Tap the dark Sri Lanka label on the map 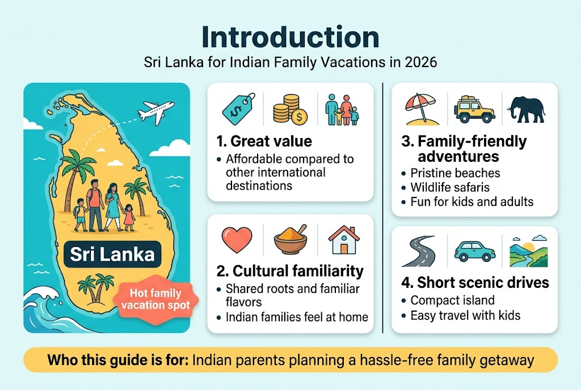(x=112, y=253)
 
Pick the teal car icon (x=474, y=250)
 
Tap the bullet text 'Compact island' (x=452, y=300)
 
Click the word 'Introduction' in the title (x=290, y=37)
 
